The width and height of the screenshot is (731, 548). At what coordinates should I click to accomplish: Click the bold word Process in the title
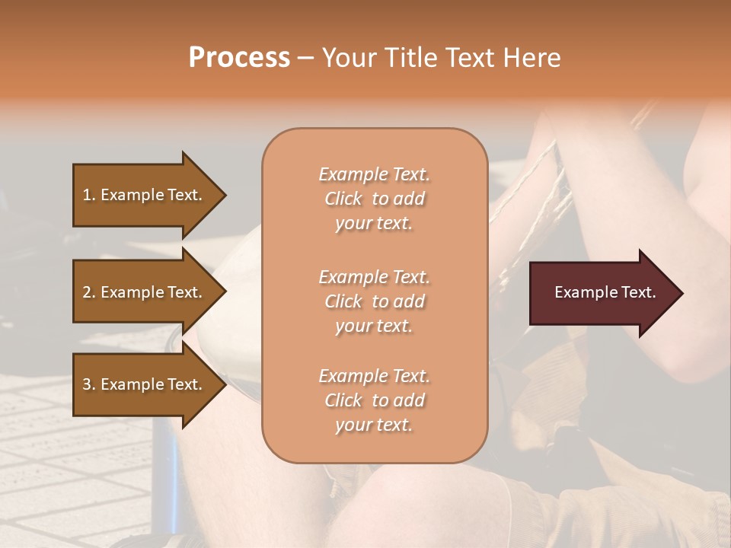click(x=239, y=58)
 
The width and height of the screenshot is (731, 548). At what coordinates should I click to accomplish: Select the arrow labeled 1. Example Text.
click(x=145, y=195)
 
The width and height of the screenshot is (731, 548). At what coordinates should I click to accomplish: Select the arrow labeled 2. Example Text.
click(x=145, y=292)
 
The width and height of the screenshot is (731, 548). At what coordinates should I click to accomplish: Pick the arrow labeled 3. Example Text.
click(x=145, y=384)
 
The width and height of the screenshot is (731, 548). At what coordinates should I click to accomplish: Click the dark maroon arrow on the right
click(x=602, y=292)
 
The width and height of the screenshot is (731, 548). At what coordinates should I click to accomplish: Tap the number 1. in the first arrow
click(x=89, y=195)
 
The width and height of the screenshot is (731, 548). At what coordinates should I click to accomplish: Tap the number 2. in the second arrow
click(x=89, y=292)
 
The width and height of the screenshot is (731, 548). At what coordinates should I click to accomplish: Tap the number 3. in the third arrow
click(x=89, y=384)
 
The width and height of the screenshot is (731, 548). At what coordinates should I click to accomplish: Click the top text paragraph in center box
click(x=374, y=199)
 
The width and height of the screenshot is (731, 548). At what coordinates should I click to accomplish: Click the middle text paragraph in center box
click(x=374, y=301)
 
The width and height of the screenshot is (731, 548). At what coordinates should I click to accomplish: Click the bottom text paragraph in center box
click(x=374, y=400)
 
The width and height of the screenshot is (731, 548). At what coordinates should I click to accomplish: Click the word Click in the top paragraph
click(x=343, y=199)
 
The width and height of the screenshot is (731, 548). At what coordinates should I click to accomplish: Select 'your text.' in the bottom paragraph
click(x=374, y=425)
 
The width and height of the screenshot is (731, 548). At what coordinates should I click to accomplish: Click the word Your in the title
click(x=349, y=58)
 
